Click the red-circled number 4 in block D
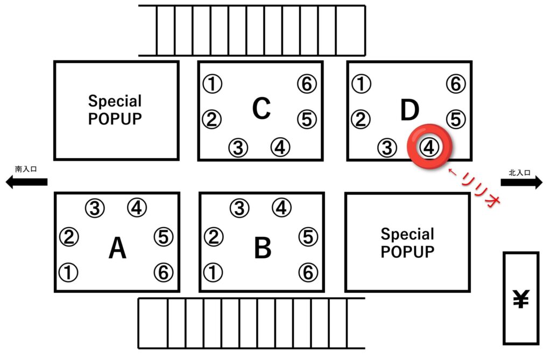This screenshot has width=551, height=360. coord(429,147)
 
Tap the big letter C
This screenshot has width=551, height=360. coord(261,108)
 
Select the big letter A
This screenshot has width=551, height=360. coord(117,248)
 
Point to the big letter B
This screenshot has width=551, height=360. coord(263,248)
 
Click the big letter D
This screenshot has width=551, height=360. coord(409,109)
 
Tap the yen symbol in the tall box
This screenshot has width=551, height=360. coord(521,299)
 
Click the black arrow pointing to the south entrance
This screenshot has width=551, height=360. coord(27,182)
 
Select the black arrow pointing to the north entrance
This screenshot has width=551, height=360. coord(521,182)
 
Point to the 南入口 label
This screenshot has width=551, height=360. coord(26,169)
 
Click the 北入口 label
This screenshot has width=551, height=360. coord(520,173)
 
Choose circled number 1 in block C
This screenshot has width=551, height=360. coord(212,84)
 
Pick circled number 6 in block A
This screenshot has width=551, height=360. coord(164,272)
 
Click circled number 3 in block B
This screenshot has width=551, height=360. coord(239,208)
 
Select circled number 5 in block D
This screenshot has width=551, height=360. coord(456,119)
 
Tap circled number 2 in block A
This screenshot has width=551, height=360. coord(69,237)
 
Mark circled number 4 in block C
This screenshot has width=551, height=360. coord(280,147)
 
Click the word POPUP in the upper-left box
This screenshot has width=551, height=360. coord(115,119)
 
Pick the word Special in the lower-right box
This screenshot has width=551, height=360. coord(408,235)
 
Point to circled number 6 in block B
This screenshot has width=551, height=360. coord(308,272)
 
